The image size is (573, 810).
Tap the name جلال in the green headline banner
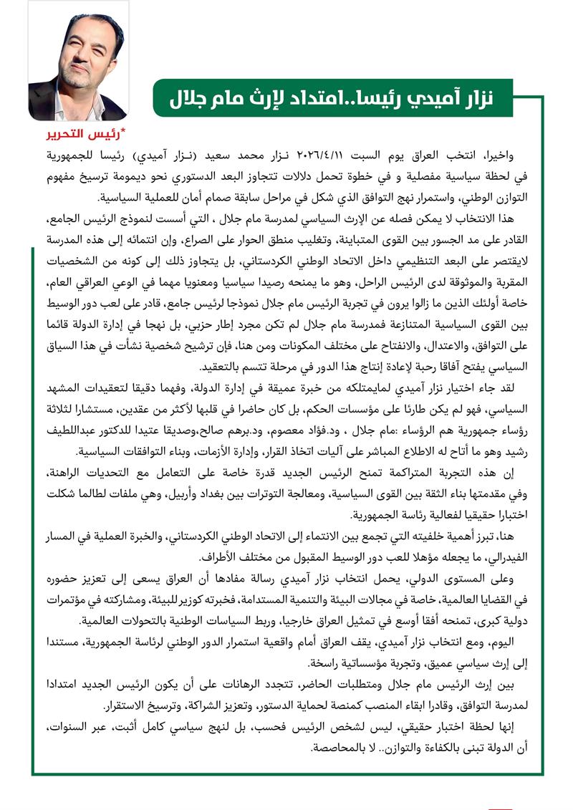click(x=189, y=97)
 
